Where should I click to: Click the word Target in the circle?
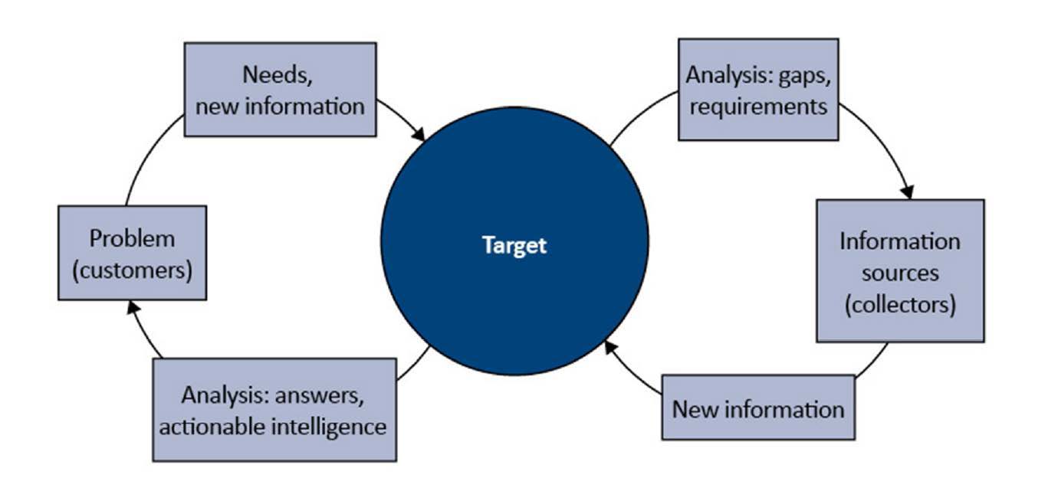click(x=514, y=245)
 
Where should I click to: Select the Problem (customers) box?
click(x=133, y=253)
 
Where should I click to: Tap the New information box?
click(x=758, y=407)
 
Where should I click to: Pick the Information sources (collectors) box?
click(x=901, y=271)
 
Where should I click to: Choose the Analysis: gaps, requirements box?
click(x=758, y=90)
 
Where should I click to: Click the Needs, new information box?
click(x=281, y=90)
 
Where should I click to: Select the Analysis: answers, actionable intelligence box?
click(x=274, y=410)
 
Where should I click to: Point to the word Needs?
click(x=278, y=75)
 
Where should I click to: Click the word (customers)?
click(x=133, y=270)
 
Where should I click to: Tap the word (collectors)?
click(x=901, y=305)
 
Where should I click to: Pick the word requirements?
click(x=758, y=107)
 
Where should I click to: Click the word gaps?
click(x=804, y=76)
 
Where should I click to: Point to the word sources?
click(x=900, y=273)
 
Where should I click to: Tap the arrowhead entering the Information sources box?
click(x=908, y=192)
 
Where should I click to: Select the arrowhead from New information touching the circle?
click(x=610, y=347)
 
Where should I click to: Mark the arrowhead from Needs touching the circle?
click(x=418, y=133)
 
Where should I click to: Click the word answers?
click(x=319, y=396)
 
